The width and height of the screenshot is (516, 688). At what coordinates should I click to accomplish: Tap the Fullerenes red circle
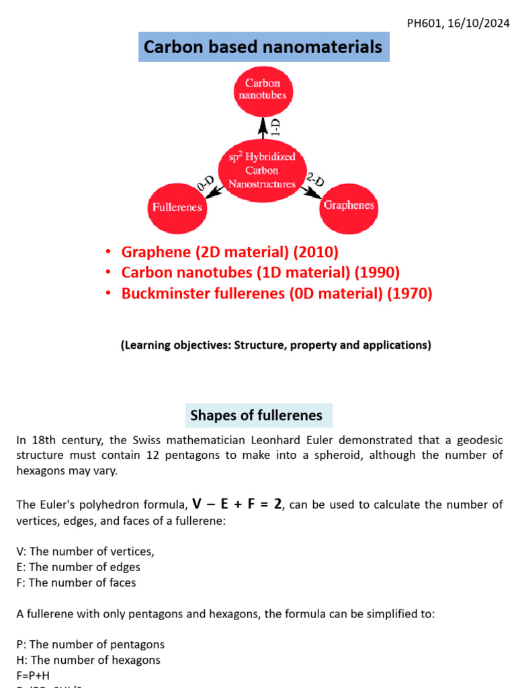click(177, 207)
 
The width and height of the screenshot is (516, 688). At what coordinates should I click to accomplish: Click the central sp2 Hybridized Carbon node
click(262, 170)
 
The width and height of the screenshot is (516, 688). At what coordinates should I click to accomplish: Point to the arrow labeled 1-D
click(264, 128)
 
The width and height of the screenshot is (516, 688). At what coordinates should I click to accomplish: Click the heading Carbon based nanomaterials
click(263, 46)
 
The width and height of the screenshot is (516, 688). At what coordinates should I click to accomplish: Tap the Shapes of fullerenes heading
click(256, 415)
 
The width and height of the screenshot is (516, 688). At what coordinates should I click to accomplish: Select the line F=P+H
click(33, 675)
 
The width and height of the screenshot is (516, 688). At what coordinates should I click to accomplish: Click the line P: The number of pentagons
click(90, 644)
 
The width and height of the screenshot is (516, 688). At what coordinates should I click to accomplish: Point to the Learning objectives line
click(275, 345)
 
